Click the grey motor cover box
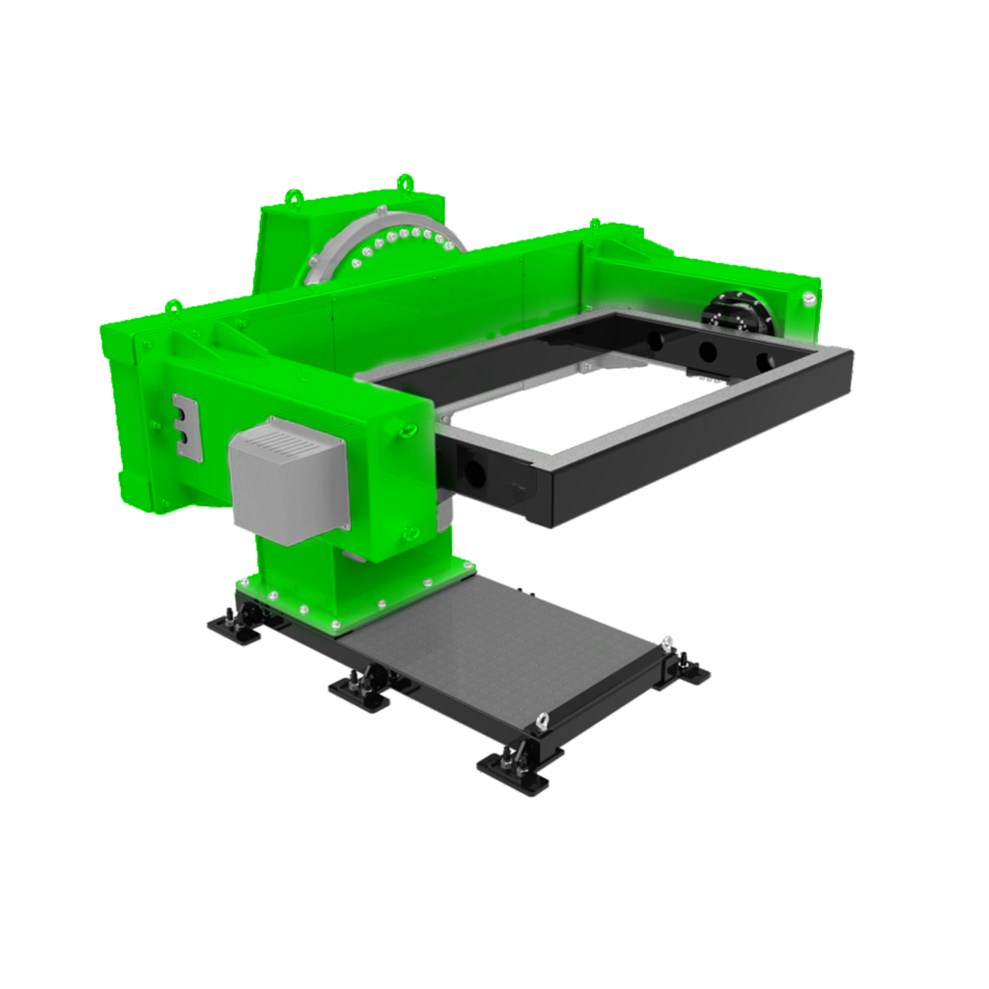coord(288,480)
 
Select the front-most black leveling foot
coord(520,767)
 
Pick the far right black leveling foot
coord(688,669)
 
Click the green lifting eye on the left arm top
coord(174,307)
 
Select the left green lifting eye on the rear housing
coord(293,196)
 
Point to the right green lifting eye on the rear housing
coord(404,181)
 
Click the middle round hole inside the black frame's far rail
coord(708,351)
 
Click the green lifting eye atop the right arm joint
coord(592,224)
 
